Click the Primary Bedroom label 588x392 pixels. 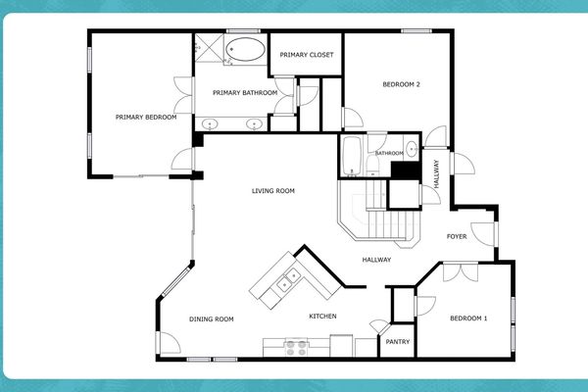click(x=145, y=118)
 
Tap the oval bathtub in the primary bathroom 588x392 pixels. click(x=244, y=50)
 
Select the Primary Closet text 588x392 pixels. click(x=306, y=55)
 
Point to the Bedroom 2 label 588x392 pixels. click(x=401, y=84)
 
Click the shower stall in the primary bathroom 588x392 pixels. click(x=209, y=50)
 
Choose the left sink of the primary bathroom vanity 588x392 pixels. click(x=211, y=124)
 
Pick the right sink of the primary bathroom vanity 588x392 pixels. click(x=253, y=124)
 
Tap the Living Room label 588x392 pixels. click(x=273, y=191)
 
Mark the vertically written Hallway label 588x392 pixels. click(x=437, y=175)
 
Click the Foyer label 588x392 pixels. click(x=457, y=236)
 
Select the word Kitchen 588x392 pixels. click(x=323, y=317)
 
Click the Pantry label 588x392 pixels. click(x=398, y=342)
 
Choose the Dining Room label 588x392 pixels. click(x=211, y=318)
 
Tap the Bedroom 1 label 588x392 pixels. click(x=468, y=318)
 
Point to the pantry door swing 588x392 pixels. click(x=377, y=327)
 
